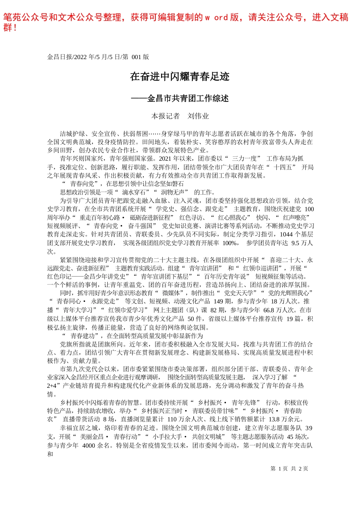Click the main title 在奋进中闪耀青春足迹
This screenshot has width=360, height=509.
click(x=180, y=77)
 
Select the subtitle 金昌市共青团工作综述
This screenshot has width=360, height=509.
click(x=188, y=99)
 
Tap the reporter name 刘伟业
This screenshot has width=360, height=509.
click(x=198, y=116)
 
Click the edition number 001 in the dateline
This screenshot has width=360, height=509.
click(x=136, y=57)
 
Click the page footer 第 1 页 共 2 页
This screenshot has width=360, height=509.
click(x=289, y=468)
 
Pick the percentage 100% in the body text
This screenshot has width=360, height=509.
click(x=230, y=243)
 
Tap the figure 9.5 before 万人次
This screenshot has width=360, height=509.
click(x=296, y=243)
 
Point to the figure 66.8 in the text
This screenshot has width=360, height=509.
click(x=268, y=310)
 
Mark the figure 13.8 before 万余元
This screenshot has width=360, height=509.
click(x=274, y=419)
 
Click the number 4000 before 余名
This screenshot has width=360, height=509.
click(x=89, y=445)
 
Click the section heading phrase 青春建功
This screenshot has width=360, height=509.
click(x=82, y=336)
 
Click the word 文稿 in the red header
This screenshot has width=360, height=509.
click(x=340, y=18)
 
